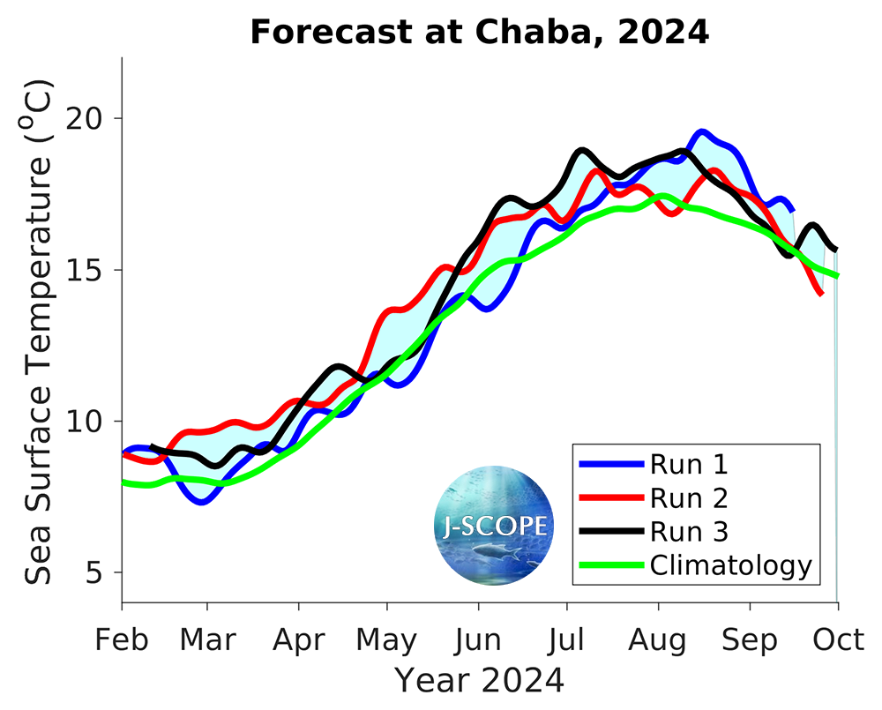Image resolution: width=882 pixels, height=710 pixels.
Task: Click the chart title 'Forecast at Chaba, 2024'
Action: point(479,33)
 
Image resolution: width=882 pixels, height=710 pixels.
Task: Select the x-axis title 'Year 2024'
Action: point(479,680)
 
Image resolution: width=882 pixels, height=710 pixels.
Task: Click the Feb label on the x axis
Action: point(122,639)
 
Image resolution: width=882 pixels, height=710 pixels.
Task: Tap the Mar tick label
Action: point(207,639)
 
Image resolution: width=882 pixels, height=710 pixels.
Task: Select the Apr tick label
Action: point(299,639)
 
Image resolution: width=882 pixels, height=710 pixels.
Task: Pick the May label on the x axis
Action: point(387,639)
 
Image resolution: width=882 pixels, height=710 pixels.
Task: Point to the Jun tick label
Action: point(479,639)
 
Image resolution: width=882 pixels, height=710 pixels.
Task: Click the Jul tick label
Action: point(567,639)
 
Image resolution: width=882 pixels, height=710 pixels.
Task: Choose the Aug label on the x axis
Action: point(659,639)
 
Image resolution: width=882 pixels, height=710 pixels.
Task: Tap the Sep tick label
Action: point(750,639)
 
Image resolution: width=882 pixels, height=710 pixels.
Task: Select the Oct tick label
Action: point(838,639)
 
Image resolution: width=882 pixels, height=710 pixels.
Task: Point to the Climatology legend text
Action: point(729,565)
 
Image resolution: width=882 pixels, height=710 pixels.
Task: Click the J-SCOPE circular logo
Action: point(494,527)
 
